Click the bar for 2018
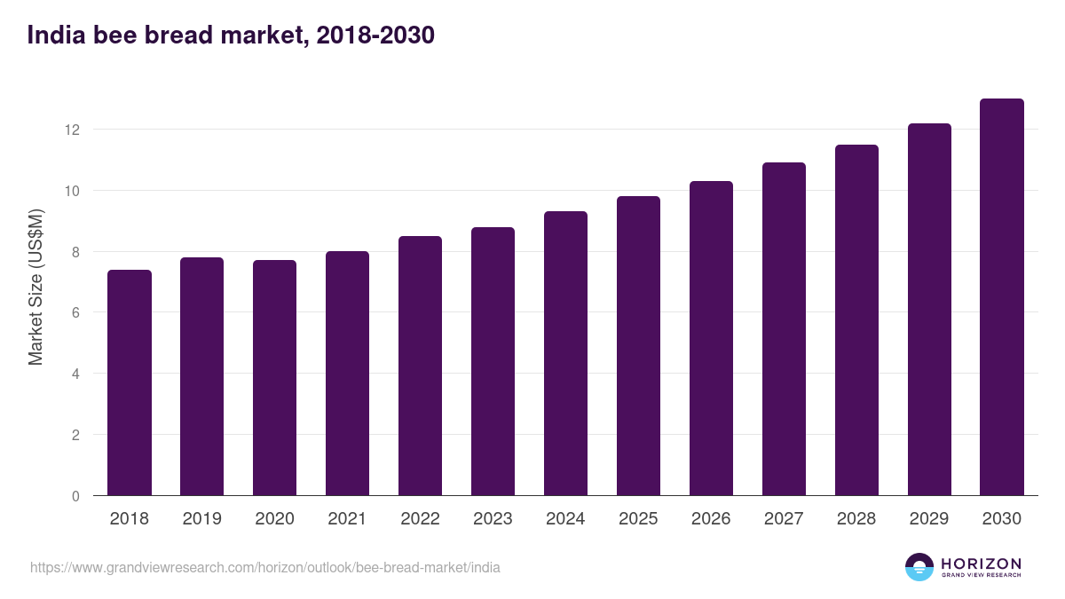130,382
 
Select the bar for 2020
275,378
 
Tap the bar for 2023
493,361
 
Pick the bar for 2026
711,338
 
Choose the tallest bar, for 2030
1002,297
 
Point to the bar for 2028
856,320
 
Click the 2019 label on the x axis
202,519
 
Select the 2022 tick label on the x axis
421,519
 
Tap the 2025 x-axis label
639,519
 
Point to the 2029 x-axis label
929,519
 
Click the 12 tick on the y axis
72,130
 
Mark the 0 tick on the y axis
75,496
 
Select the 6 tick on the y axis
75,313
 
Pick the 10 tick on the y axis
72,191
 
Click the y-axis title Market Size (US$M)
35,287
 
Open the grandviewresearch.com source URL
265,567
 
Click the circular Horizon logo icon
919,567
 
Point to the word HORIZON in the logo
981,564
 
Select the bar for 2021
348,374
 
